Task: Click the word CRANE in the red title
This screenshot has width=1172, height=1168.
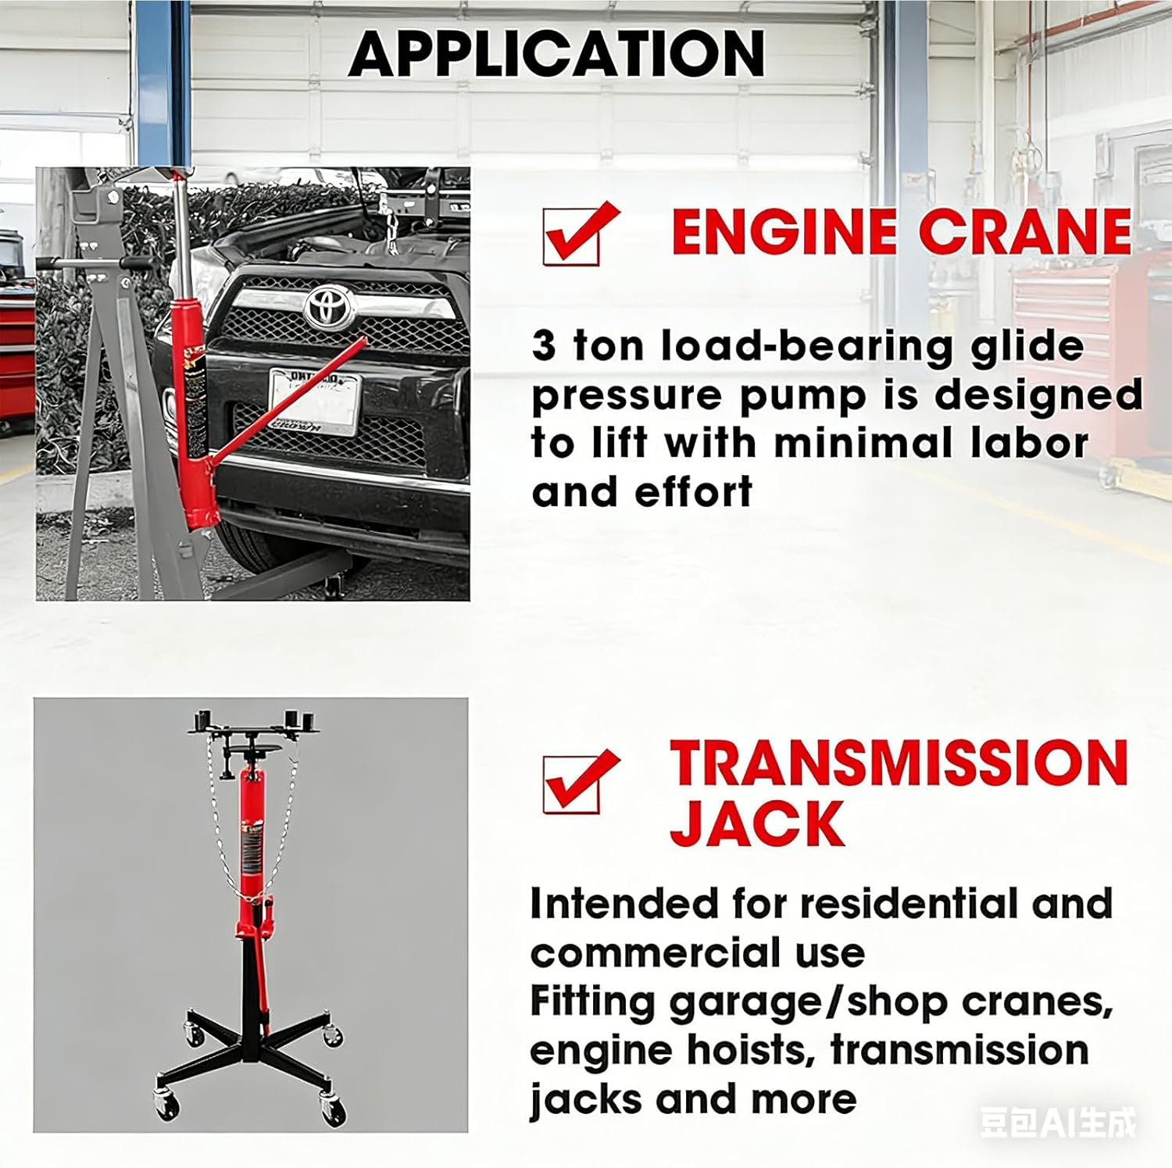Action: pyautogui.click(x=1024, y=232)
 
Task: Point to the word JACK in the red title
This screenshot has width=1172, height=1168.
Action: pyautogui.click(x=756, y=824)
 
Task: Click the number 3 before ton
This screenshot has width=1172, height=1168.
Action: pyautogui.click(x=544, y=345)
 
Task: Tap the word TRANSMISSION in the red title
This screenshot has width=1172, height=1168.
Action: pyautogui.click(x=899, y=763)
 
